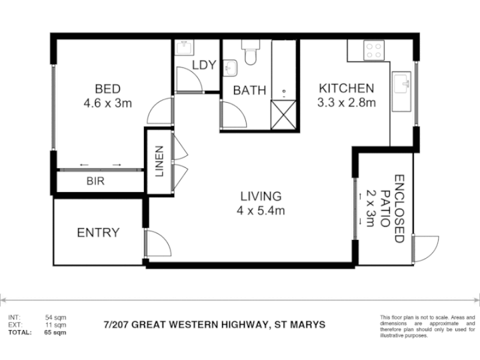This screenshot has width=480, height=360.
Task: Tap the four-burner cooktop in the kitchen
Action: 374,51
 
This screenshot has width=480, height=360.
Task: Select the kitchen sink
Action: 401,91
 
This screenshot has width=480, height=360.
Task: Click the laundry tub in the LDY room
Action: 185,48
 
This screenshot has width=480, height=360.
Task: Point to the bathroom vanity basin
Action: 230,68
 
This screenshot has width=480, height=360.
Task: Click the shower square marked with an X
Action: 283,115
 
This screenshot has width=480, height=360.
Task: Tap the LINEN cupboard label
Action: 159,161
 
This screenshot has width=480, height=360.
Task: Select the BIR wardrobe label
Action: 95,181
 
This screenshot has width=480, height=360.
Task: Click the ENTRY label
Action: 98,233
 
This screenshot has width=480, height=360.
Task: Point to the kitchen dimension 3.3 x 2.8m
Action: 347,103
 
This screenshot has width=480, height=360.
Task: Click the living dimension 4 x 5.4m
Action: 261,211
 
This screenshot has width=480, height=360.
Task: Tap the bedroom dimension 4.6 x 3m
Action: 108,103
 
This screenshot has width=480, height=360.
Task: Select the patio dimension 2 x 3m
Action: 370,209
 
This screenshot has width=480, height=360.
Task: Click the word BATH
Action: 249,91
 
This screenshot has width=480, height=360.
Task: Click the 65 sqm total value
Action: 55,333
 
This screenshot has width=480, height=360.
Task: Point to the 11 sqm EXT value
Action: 56,325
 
